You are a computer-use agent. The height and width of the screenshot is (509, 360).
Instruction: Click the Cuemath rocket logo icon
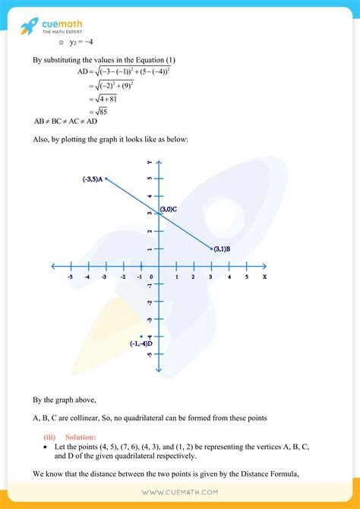[30, 27]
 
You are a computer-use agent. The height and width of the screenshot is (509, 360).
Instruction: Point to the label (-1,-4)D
[141, 343]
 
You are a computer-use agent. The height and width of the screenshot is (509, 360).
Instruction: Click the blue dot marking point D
[141, 336]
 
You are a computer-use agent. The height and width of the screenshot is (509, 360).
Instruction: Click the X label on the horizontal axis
[264, 277]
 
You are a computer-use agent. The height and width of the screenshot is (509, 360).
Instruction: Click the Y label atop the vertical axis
[150, 163]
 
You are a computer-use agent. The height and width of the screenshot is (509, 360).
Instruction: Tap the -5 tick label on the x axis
[71, 277]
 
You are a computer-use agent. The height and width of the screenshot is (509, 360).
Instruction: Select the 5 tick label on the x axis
[246, 277]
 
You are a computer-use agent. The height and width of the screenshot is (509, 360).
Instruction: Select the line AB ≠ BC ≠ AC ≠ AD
[66, 122]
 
